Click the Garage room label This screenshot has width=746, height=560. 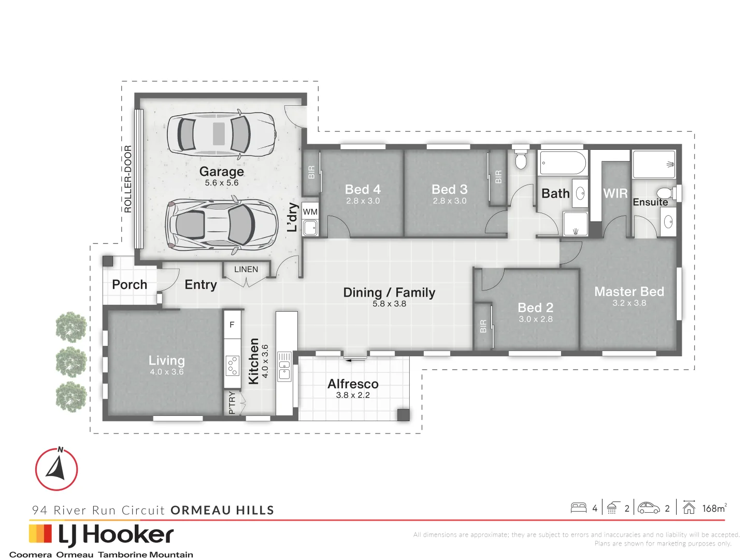(x=221, y=171)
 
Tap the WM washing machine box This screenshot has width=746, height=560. (x=310, y=212)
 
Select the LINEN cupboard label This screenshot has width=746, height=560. (x=246, y=269)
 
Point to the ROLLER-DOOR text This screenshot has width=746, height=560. (x=128, y=179)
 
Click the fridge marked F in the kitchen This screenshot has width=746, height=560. (x=232, y=325)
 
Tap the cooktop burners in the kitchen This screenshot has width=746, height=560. (x=233, y=366)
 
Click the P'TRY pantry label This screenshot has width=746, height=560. (x=232, y=403)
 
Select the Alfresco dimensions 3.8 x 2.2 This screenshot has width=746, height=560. (x=353, y=395)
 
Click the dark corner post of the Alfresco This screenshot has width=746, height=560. (x=404, y=415)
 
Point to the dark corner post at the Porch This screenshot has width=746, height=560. (x=108, y=261)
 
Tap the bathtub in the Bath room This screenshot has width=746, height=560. (x=563, y=163)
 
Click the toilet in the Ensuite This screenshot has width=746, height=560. (x=668, y=193)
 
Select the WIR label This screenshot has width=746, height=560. (x=615, y=193)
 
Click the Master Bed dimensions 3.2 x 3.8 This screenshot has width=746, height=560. (x=629, y=303)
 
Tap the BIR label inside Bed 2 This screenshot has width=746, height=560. (x=483, y=327)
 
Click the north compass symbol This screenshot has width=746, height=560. (x=57, y=469)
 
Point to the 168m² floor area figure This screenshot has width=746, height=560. (x=714, y=508)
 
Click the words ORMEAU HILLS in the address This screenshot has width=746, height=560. (x=222, y=510)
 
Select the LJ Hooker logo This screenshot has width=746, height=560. (x=101, y=536)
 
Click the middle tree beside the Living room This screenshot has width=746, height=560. (x=71, y=361)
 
